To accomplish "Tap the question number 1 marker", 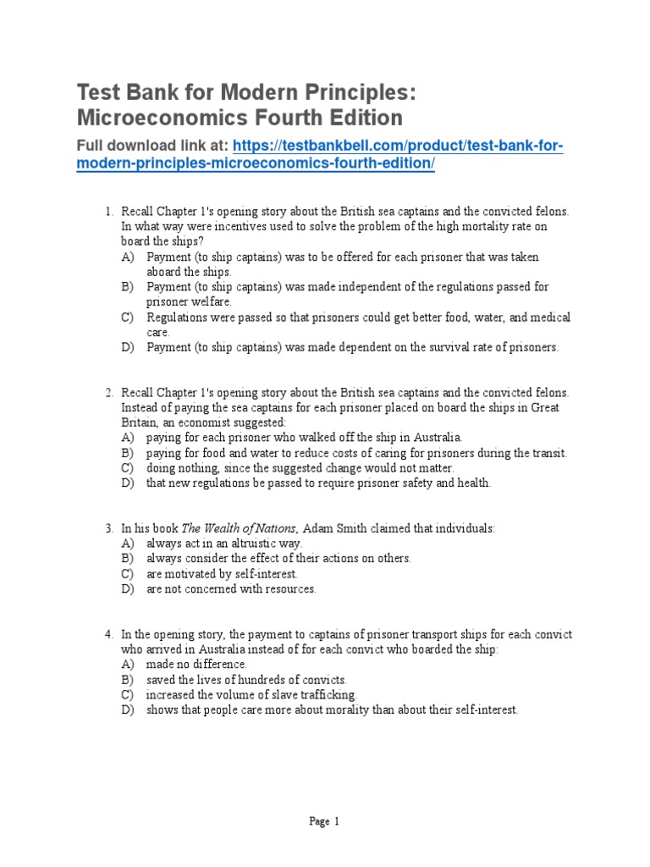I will [x=109, y=211].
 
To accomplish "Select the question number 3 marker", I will [x=109, y=528].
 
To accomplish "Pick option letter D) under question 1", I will [x=128, y=347].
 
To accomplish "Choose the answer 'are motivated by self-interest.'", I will [x=222, y=574].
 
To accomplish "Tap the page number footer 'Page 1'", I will [x=324, y=820].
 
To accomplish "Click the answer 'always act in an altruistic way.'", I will [x=224, y=544].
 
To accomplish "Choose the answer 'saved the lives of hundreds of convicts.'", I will [x=246, y=680].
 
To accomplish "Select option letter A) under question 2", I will [x=128, y=438].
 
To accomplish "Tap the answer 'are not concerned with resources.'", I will [x=231, y=589].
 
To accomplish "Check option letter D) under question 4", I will [x=128, y=710].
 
